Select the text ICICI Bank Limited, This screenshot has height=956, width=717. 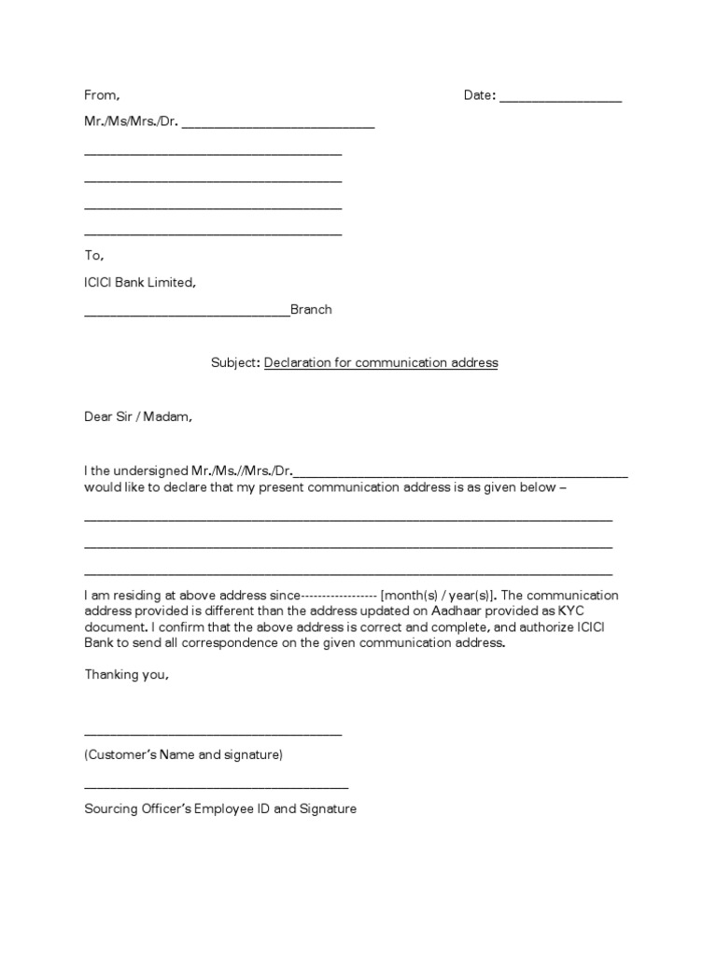pyautogui.click(x=140, y=282)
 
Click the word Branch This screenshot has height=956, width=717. pyautogui.click(x=311, y=310)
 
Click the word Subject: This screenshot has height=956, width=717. pyautogui.click(x=235, y=362)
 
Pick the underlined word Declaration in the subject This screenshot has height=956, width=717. pyautogui.click(x=298, y=362)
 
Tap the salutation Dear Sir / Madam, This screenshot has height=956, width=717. pyautogui.click(x=138, y=417)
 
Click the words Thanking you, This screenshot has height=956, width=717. pyautogui.click(x=127, y=675)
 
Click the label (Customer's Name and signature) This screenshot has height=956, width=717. pyautogui.click(x=183, y=754)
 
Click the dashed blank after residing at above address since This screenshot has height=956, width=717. pyautogui.click(x=339, y=596)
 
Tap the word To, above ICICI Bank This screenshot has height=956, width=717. pyautogui.click(x=93, y=255)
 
